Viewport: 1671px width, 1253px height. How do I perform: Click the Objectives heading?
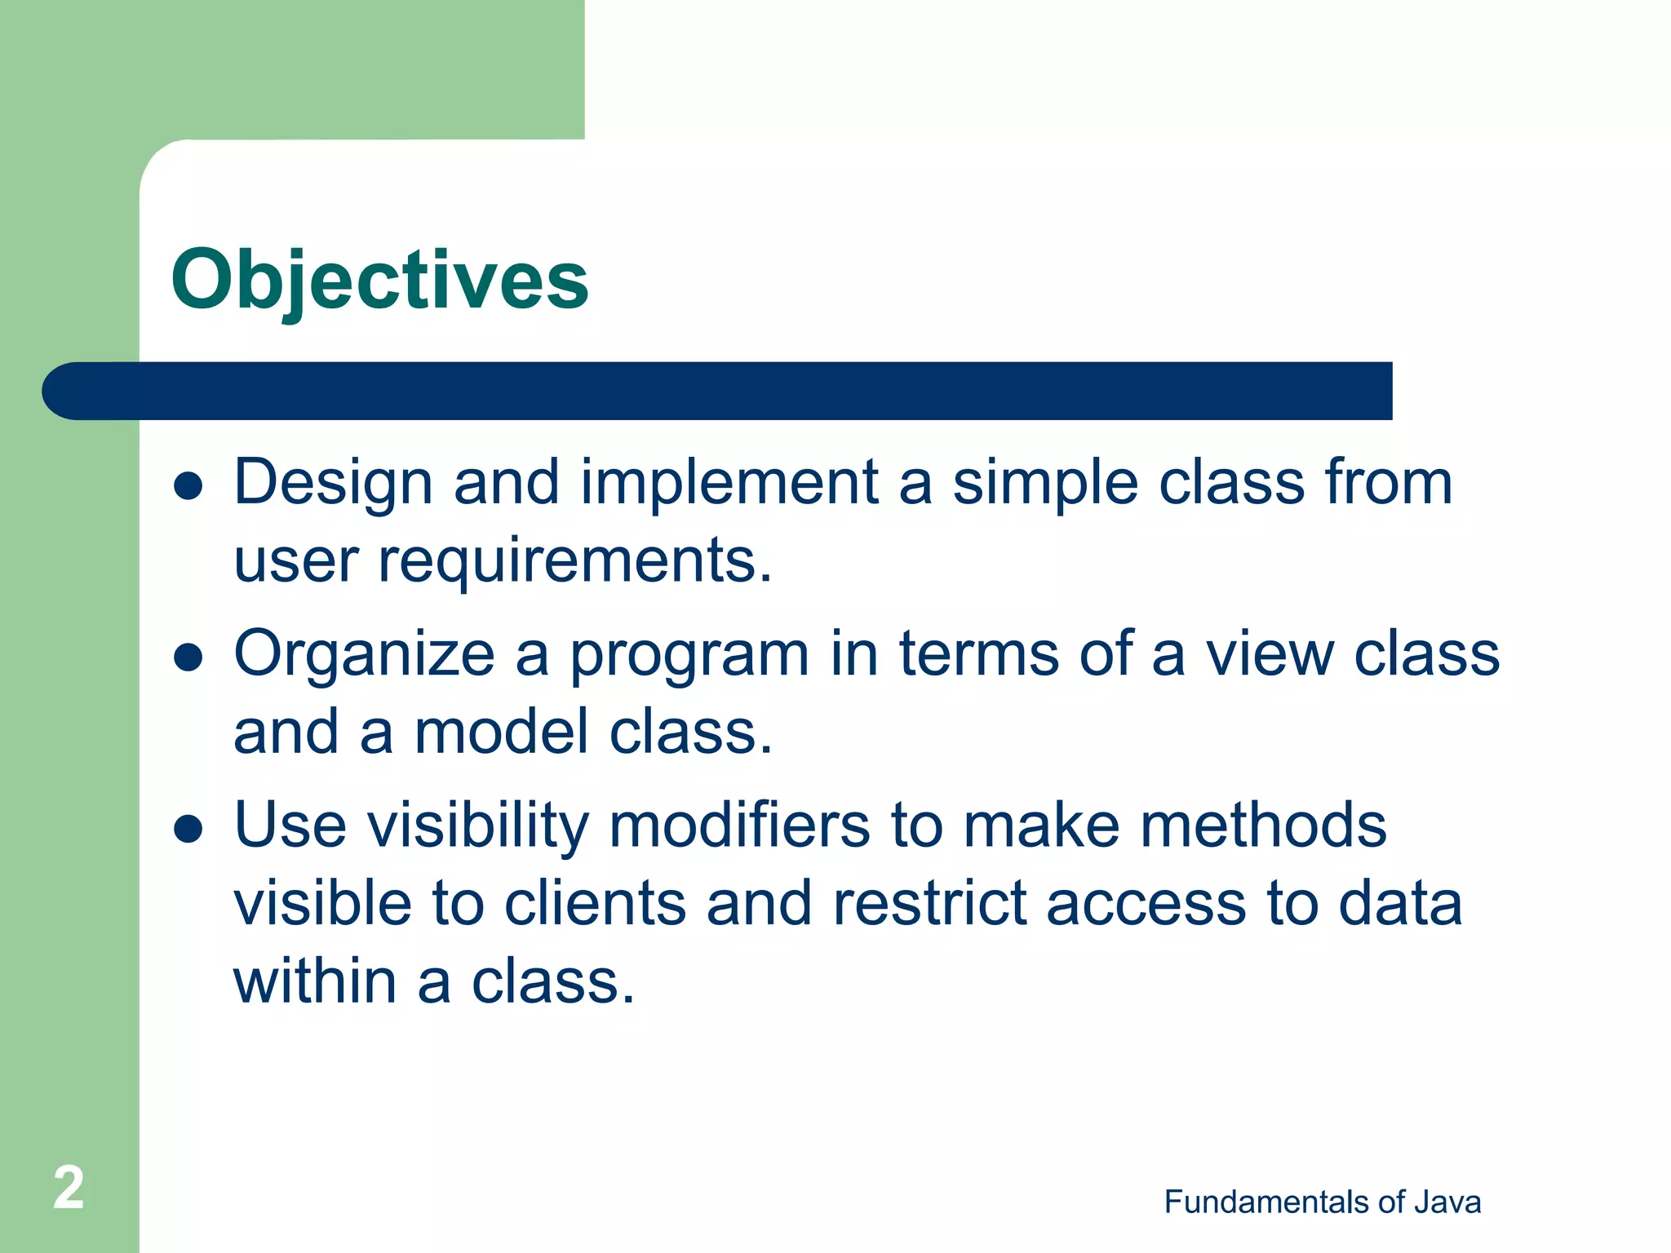(x=379, y=280)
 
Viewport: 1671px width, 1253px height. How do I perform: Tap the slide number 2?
(x=69, y=1188)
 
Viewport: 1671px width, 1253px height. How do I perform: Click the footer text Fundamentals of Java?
(x=1322, y=1202)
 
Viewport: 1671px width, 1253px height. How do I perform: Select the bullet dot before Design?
(x=188, y=487)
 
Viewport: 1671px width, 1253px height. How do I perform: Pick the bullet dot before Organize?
(x=188, y=657)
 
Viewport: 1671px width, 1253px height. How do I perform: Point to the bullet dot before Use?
(x=188, y=829)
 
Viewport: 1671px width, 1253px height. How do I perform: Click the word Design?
(x=333, y=483)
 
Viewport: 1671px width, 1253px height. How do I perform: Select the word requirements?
(x=575, y=561)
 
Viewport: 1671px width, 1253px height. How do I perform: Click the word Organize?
(x=364, y=654)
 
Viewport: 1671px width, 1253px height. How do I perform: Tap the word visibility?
(x=477, y=826)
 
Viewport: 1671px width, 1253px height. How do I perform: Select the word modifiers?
(x=739, y=826)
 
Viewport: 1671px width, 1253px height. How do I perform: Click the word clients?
(x=595, y=903)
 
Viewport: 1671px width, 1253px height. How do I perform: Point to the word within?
(x=315, y=981)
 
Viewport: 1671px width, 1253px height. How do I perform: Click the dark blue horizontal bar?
(x=718, y=391)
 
